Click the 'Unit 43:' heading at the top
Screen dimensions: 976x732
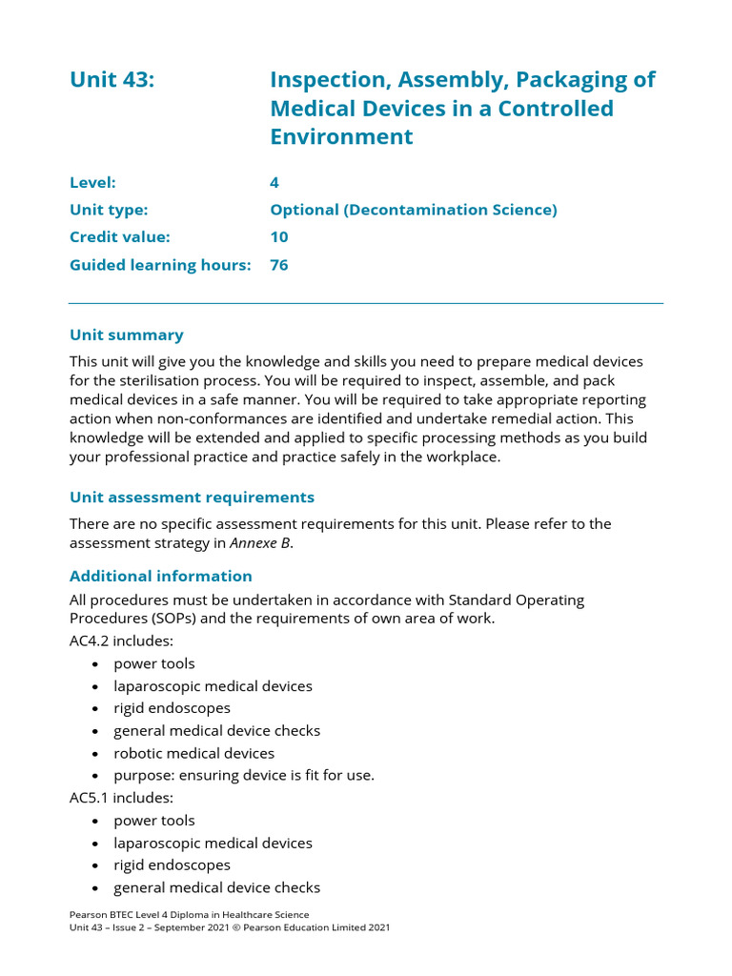(x=112, y=80)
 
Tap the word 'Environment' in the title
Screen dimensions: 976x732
(x=341, y=136)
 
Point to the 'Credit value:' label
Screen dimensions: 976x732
(x=119, y=236)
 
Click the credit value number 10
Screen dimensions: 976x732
(x=278, y=236)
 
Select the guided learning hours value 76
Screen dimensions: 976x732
(x=278, y=265)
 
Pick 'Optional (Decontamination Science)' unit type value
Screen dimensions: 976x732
(x=413, y=210)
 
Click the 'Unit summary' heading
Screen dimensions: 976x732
(x=126, y=335)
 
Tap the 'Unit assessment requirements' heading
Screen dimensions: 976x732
(x=192, y=498)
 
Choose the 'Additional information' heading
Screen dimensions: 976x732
(x=160, y=576)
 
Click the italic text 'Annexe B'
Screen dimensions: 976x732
(x=259, y=543)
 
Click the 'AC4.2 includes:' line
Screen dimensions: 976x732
(x=121, y=641)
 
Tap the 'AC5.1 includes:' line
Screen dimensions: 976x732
(x=121, y=798)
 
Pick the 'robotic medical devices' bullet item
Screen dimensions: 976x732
(x=193, y=753)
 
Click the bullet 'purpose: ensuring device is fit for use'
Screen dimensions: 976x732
(x=243, y=775)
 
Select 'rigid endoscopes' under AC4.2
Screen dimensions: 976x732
(x=172, y=708)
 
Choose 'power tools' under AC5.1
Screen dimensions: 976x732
(x=153, y=821)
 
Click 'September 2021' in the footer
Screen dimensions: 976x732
(x=193, y=927)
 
